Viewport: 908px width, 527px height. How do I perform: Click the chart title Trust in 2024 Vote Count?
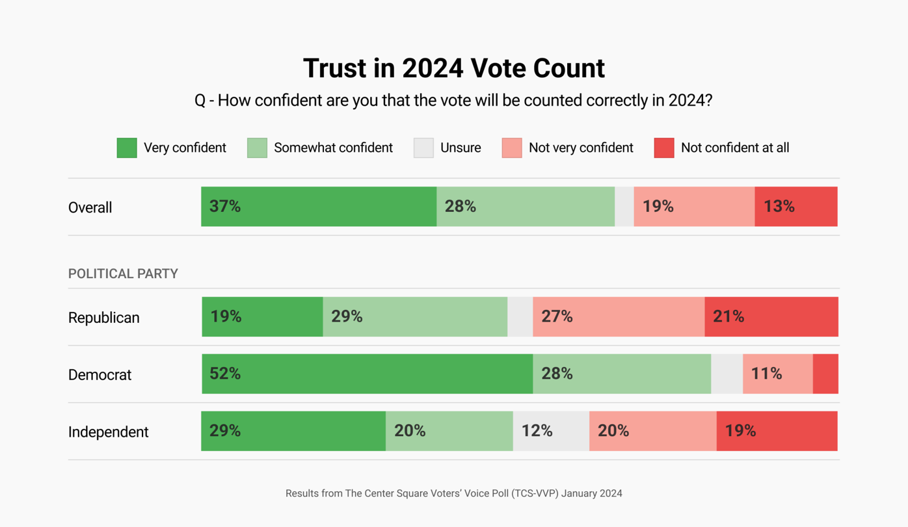(x=453, y=68)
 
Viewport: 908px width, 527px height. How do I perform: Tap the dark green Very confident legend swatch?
(x=127, y=148)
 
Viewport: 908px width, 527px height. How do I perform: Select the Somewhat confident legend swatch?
(x=257, y=148)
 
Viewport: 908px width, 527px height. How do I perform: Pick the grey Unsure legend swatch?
(x=423, y=148)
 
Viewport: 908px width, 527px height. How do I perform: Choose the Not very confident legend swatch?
(x=512, y=148)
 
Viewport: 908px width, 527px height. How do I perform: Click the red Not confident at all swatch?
(x=664, y=148)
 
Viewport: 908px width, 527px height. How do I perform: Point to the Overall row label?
(x=90, y=207)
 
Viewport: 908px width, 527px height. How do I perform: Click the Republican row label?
(x=104, y=318)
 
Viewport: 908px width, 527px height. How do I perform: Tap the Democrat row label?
(x=100, y=375)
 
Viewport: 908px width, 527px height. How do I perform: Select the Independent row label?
(x=109, y=432)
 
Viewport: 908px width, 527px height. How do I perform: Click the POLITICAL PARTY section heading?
(x=123, y=274)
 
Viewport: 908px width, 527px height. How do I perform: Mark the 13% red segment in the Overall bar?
(x=796, y=207)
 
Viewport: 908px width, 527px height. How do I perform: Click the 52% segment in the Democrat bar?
(x=367, y=374)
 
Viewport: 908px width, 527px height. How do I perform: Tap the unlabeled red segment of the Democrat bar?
(x=825, y=374)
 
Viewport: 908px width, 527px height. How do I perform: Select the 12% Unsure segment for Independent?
(x=551, y=431)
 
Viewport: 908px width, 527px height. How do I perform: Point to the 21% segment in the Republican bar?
(x=771, y=316)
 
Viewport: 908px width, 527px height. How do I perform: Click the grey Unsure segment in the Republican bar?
(x=520, y=316)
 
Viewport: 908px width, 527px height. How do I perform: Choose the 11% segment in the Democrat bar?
(x=778, y=374)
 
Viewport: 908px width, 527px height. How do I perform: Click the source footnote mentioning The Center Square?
(x=453, y=493)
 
